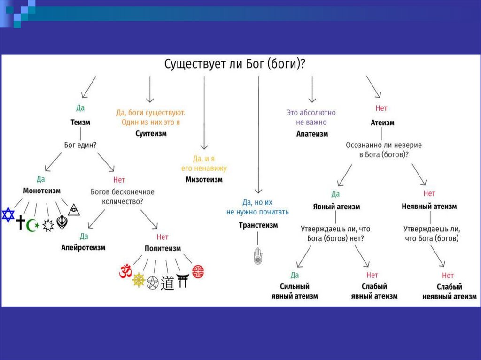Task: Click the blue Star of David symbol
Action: (8, 215)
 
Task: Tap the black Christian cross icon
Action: (21, 222)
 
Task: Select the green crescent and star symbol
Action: (33, 225)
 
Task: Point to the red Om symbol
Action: (124, 272)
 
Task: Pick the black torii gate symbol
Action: (182, 280)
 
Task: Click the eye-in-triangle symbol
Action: (73, 210)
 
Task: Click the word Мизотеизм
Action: (204, 179)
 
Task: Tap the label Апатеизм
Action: (312, 134)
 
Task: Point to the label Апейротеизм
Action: (84, 247)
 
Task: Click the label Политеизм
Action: (163, 248)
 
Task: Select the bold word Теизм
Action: (80, 122)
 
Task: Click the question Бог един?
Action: (80, 145)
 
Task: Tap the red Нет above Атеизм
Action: (381, 108)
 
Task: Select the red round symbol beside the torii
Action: (199, 271)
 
